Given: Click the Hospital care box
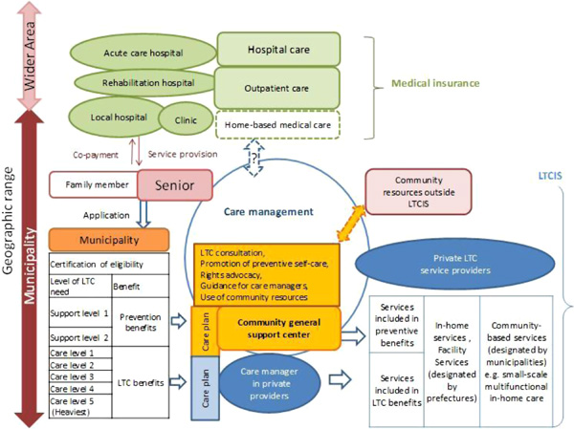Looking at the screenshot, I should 277,48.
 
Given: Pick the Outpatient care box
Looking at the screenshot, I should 277,87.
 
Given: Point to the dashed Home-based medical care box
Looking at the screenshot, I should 277,123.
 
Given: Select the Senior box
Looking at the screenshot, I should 174,182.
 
